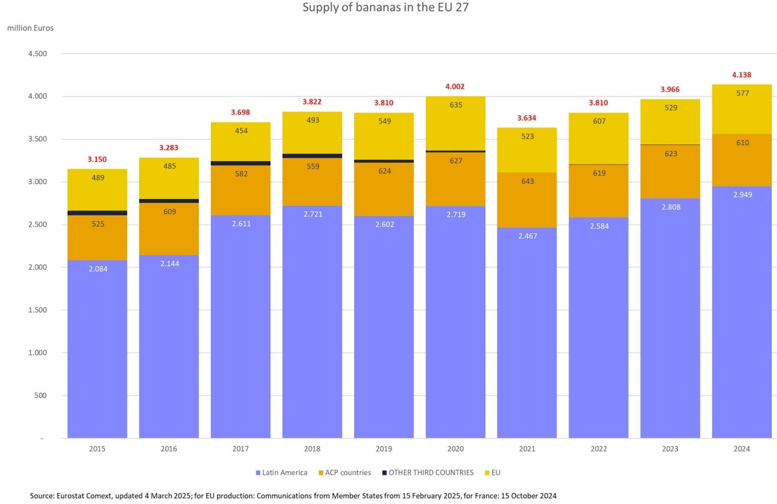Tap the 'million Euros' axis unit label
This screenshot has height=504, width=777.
coord(30,29)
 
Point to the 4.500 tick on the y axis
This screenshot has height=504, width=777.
coord(38,54)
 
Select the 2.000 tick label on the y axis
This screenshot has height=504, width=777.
coord(38,268)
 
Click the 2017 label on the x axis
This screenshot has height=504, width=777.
coord(240,449)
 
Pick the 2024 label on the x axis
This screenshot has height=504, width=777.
coord(741,449)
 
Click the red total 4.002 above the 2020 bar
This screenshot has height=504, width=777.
coord(455,86)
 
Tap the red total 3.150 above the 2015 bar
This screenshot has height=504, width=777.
coord(97,159)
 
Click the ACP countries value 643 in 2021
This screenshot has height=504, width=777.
coord(527,181)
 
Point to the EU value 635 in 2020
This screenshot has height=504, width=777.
coord(455,104)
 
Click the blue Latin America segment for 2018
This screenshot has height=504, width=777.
coord(312,324)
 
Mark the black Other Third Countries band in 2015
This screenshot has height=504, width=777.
coord(97,212)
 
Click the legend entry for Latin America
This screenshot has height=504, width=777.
coord(281,473)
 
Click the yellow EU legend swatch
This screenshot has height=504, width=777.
coord(487,473)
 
